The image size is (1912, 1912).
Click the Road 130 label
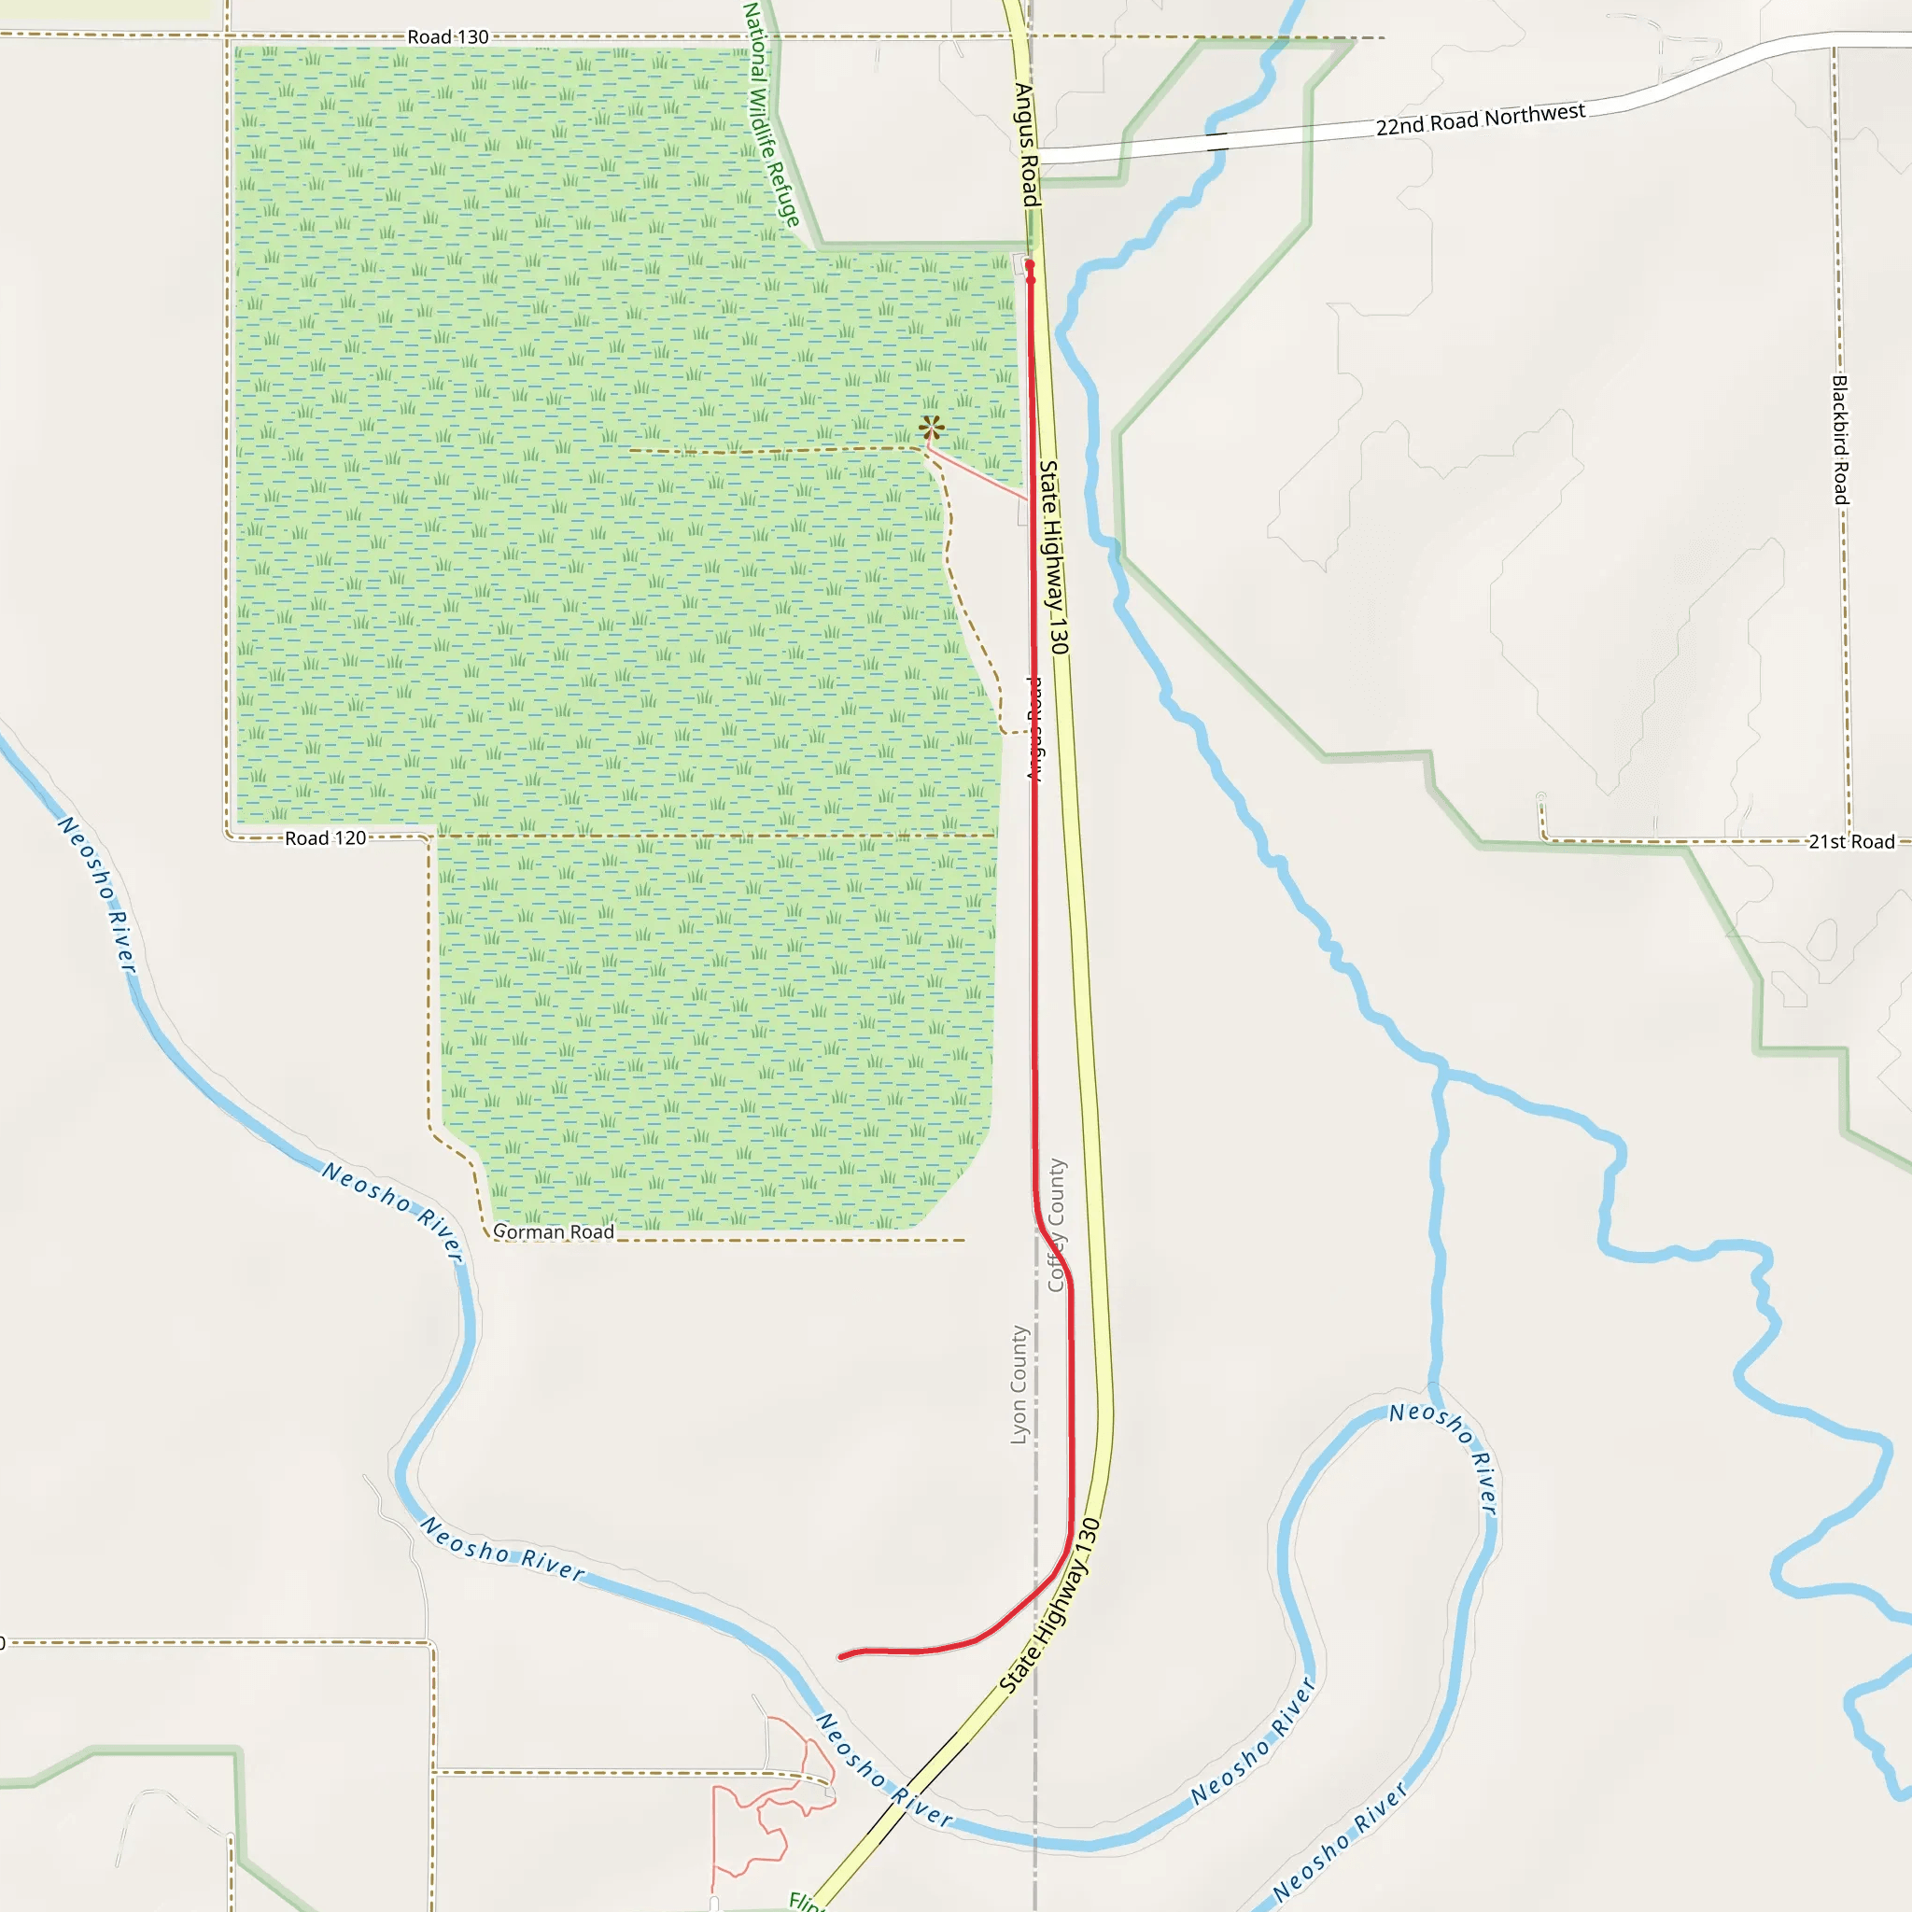coord(447,36)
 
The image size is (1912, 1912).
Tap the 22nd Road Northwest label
coord(1480,119)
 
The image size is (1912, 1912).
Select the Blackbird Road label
coord(1840,440)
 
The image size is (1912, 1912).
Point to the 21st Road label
coord(1850,841)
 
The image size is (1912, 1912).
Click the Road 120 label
coord(326,838)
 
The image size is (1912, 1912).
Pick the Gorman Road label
coord(554,1232)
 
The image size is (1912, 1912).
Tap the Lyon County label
coord(1019,1385)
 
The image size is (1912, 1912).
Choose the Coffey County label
coord(1056,1225)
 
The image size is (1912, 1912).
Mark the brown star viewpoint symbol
coord(930,429)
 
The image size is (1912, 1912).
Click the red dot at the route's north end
coord(1029,265)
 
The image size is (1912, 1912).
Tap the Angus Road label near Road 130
coord(1028,145)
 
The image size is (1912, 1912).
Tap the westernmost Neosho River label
coord(97,893)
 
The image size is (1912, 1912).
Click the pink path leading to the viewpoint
coord(976,474)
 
